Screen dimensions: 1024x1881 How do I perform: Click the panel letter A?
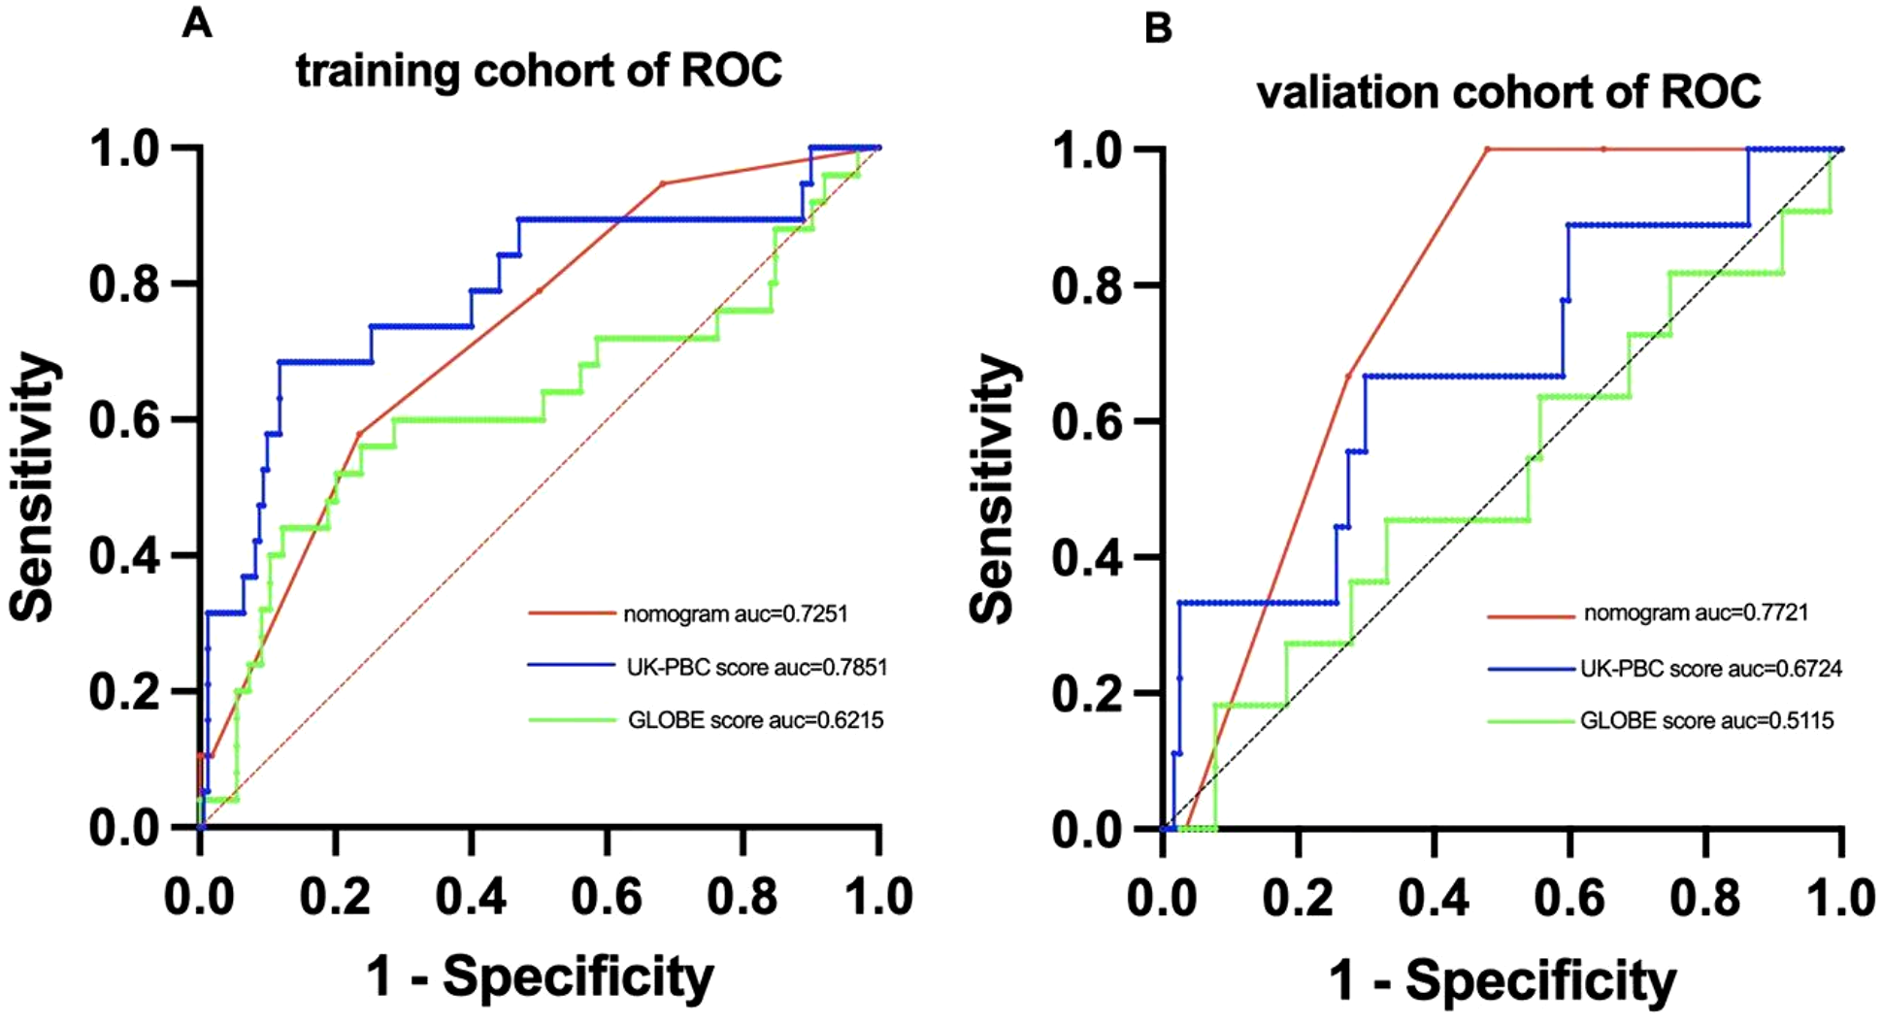click(x=197, y=22)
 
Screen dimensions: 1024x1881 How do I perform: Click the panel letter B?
click(x=1158, y=28)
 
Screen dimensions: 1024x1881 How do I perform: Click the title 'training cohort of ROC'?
click(x=539, y=71)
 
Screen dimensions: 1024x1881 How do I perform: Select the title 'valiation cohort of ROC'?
click(x=1507, y=92)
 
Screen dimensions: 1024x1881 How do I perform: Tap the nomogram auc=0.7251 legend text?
click(x=735, y=614)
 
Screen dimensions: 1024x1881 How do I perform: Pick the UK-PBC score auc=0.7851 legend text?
click(x=757, y=668)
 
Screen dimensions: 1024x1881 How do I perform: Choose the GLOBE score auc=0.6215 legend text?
click(x=755, y=720)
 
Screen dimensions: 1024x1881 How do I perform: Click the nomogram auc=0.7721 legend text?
click(x=1696, y=612)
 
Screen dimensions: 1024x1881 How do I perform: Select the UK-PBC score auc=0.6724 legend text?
click(x=1711, y=669)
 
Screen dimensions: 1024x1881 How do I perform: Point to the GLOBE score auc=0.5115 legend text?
click(x=1707, y=721)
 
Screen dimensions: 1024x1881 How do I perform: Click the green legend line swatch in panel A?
click(x=572, y=720)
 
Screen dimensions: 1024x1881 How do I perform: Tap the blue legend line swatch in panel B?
click(x=1530, y=669)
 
